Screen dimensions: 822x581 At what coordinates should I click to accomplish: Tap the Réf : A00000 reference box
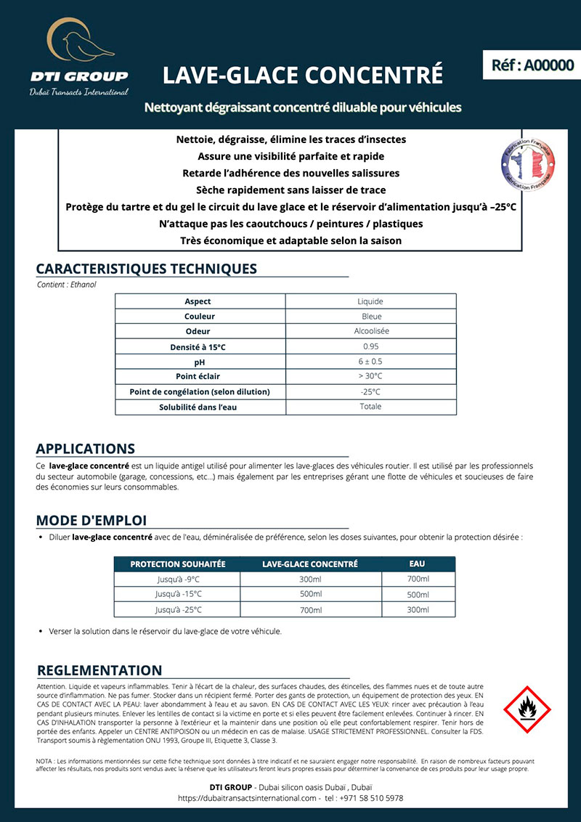coord(532,65)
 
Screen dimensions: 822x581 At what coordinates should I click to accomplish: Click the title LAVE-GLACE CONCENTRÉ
coord(302,75)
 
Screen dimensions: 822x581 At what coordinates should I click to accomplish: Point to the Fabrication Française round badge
coord(527,163)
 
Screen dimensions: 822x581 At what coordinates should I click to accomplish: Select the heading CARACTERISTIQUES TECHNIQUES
coord(146,269)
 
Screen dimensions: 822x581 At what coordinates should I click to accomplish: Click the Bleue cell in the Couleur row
coord(371,317)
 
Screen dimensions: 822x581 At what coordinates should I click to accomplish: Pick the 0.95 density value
coord(371,346)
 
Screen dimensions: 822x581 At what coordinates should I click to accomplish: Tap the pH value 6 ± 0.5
coord(371,362)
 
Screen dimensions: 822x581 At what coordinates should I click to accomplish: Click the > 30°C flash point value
coord(371,376)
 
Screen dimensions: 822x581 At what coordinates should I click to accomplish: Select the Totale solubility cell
coord(371,407)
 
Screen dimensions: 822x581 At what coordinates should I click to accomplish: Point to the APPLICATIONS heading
coord(86,449)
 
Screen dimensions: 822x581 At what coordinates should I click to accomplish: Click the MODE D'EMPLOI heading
coord(92,520)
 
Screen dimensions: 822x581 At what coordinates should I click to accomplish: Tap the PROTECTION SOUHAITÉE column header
coord(178,564)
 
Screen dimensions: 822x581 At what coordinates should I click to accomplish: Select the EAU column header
coord(418,563)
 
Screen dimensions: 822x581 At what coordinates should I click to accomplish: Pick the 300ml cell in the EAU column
coord(418,609)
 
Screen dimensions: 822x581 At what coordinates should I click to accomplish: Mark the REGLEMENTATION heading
coord(99,670)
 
